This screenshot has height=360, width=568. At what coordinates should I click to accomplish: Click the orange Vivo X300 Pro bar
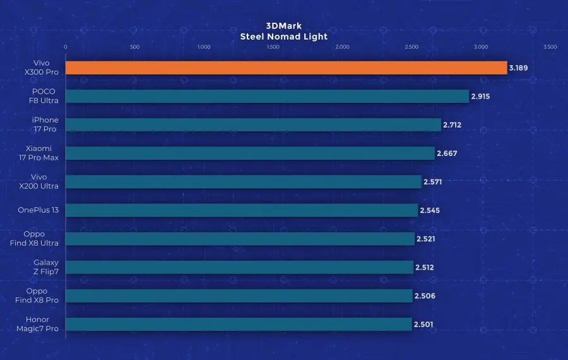tap(286, 68)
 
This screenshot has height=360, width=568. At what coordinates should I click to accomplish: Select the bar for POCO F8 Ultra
tap(267, 96)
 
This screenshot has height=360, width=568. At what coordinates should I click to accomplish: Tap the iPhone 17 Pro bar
tap(253, 124)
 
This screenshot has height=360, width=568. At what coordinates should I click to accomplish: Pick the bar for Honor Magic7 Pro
tap(239, 324)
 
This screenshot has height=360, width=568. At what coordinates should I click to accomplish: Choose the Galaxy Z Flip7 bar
tap(239, 267)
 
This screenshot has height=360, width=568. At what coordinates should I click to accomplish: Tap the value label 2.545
tap(429, 210)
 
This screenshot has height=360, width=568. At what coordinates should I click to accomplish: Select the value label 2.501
tap(423, 325)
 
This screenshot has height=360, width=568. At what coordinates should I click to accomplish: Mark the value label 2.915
tap(480, 97)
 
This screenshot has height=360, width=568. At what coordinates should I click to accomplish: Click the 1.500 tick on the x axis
tap(273, 47)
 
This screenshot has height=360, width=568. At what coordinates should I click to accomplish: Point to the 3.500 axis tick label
tap(550, 47)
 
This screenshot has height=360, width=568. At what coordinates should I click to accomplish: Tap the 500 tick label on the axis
tap(134, 47)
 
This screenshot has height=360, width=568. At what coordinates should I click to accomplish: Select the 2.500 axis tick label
tap(411, 47)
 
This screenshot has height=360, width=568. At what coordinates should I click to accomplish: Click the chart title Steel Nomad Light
tap(284, 37)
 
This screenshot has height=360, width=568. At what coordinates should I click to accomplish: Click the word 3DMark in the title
tap(284, 27)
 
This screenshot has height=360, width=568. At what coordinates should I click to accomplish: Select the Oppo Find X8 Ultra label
tap(35, 239)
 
